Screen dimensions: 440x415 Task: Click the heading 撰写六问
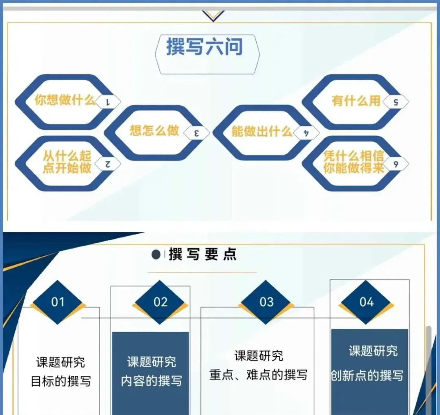204,47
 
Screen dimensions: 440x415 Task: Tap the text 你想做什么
65,100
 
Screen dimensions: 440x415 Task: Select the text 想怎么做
154,130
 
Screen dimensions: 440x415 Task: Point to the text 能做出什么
262,131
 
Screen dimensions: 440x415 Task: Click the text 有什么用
356,101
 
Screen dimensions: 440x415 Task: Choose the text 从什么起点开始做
67,162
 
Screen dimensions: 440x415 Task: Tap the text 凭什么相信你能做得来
354,162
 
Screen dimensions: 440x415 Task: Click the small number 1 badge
108,102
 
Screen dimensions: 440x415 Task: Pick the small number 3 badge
197,133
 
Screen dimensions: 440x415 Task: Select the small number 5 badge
396,102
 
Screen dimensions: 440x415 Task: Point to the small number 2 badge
108,164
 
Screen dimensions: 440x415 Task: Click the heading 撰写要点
202,254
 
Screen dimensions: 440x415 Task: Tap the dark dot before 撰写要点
156,255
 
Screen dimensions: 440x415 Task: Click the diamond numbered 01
58,302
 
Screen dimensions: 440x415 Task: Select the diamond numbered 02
160,302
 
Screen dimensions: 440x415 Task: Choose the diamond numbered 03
266,302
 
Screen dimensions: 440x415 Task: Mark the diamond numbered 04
366,302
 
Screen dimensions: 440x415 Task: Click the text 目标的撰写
61,381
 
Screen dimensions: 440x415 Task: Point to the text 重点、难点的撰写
258,375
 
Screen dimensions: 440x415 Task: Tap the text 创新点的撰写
367,376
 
